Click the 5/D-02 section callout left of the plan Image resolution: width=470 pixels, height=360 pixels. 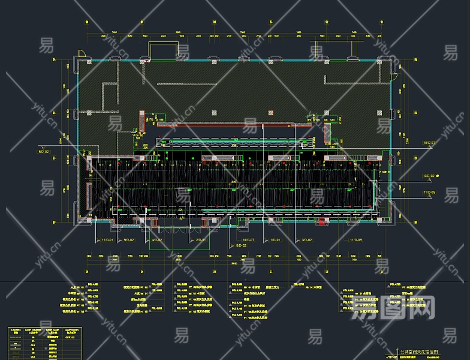click(x=43, y=152)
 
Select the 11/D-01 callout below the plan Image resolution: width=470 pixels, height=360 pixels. click(x=107, y=240)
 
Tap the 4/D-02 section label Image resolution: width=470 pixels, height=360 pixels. click(x=156, y=240)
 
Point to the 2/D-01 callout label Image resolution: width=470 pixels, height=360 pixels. click(x=201, y=240)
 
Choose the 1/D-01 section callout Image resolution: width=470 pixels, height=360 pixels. click(x=275, y=240)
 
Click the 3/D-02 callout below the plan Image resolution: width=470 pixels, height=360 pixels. click(x=306, y=240)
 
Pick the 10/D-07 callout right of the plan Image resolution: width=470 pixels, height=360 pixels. click(x=429, y=143)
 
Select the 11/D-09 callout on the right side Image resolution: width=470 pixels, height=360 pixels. click(x=429, y=192)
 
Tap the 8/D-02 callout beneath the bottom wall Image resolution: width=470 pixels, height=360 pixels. click(x=241, y=245)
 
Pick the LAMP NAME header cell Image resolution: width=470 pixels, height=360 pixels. click(x=52, y=331)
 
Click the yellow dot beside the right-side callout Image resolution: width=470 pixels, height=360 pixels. click(x=438, y=176)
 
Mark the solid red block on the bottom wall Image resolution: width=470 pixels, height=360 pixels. click(x=321, y=223)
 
